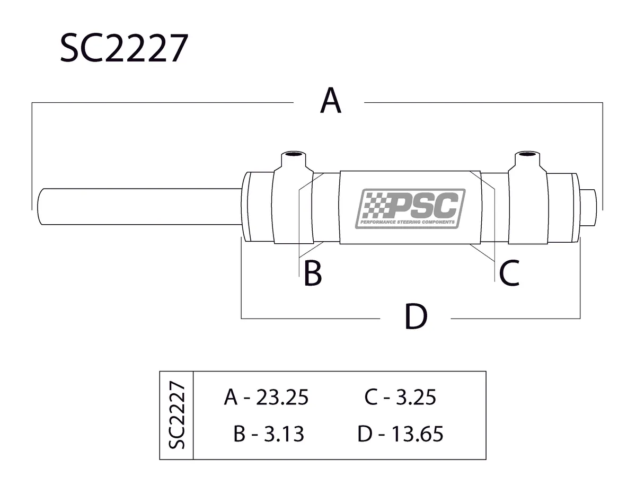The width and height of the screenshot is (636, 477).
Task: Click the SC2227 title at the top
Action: [123, 49]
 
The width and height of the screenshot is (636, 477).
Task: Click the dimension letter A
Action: [330, 101]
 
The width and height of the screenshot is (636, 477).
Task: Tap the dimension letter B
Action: [312, 273]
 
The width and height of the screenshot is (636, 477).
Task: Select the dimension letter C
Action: [508, 273]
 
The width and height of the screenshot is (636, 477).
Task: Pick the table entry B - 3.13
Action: [269, 434]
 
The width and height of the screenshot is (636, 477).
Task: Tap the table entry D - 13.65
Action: [400, 434]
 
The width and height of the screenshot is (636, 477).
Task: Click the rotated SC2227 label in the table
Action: [177, 415]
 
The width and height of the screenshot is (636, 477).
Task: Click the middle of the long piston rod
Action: [138, 207]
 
